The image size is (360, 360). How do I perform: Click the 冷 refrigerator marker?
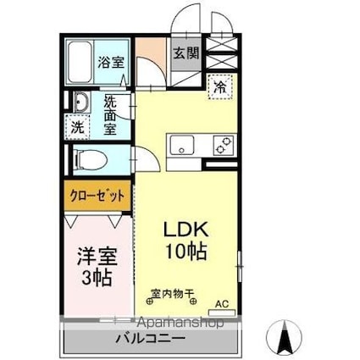(219, 86)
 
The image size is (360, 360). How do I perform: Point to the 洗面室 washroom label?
(111, 114)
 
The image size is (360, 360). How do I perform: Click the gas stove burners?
(223, 146)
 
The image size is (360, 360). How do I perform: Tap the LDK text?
(183, 230)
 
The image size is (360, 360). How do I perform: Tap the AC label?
(222, 303)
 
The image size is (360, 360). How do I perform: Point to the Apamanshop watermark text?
(176, 323)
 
